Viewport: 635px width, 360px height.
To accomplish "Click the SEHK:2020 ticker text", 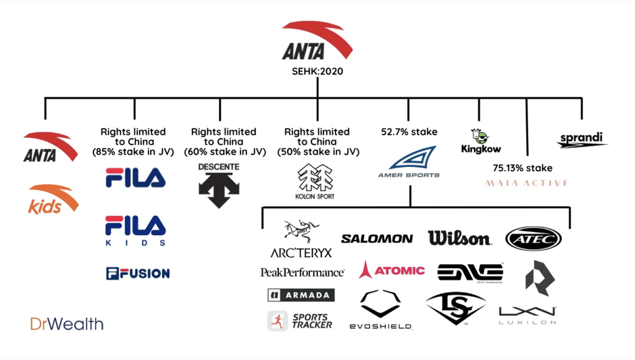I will tap(317, 70).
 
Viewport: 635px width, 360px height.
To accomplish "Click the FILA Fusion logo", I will tap(138, 273).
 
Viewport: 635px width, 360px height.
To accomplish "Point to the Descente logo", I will tap(219, 185).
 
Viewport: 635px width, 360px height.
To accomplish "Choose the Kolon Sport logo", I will tap(315, 182).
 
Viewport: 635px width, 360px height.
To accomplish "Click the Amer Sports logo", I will tap(409, 163).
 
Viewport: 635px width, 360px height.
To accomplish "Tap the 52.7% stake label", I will tap(409, 132).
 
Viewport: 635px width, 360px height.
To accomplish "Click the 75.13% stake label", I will tap(522, 168).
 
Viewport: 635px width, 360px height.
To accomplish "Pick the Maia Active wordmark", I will tap(527, 183).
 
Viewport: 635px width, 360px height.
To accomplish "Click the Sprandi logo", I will tap(582, 140).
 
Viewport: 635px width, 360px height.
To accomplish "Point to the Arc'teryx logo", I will tap(301, 240).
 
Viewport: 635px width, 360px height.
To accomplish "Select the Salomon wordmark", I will tap(377, 238).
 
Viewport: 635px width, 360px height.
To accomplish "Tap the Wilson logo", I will tap(459, 238).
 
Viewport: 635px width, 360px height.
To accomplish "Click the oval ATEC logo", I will tap(533, 238).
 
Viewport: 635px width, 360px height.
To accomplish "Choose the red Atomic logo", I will tap(392, 270).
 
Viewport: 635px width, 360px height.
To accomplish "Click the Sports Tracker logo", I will tap(300, 321).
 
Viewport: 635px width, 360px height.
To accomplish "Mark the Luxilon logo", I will tap(528, 315).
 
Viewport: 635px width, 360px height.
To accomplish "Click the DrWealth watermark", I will tap(67, 324).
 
